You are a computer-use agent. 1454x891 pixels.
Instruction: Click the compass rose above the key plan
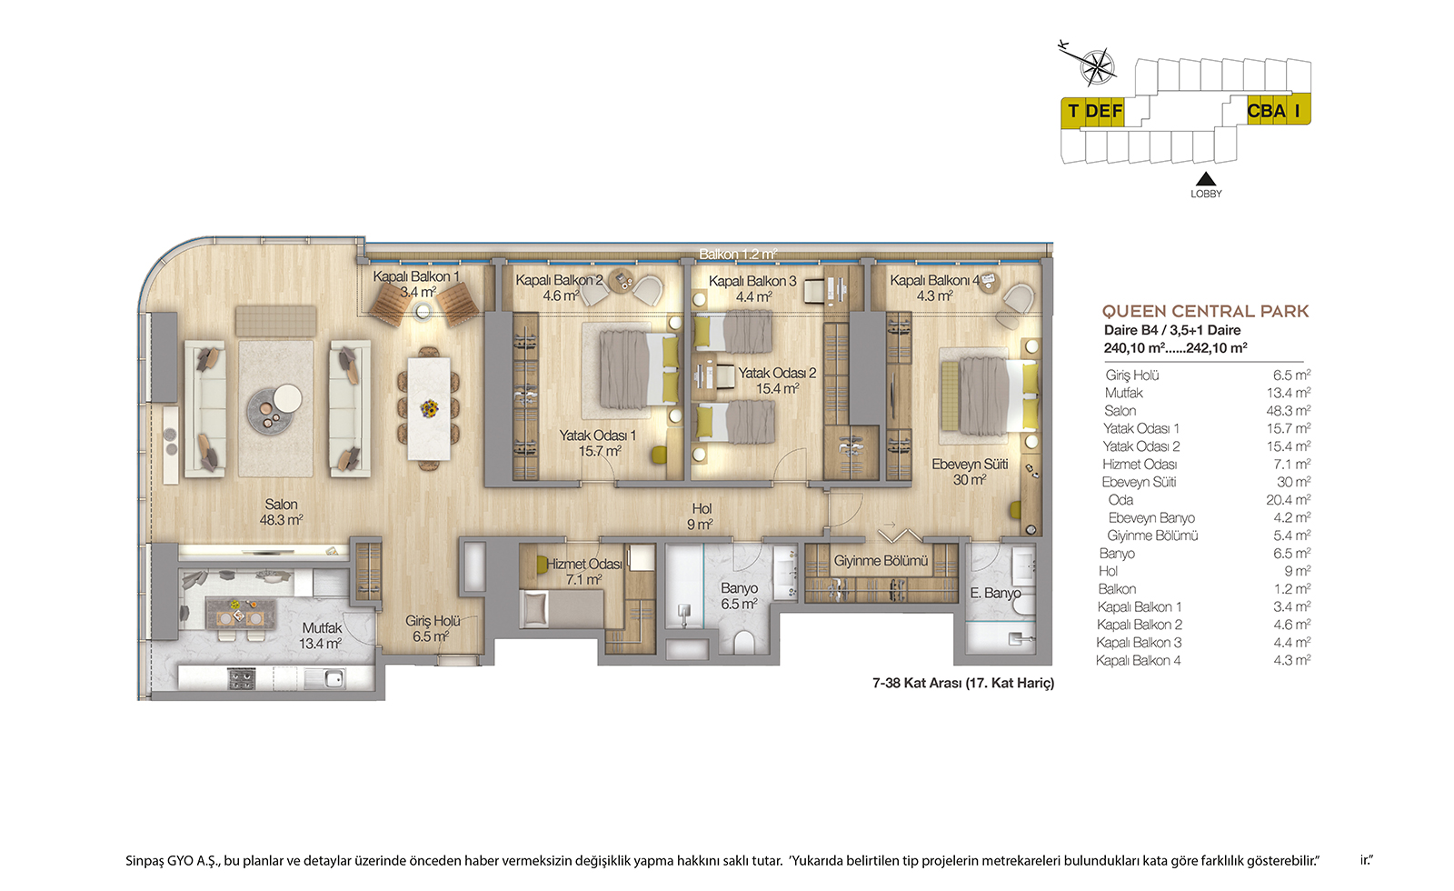[1097, 66]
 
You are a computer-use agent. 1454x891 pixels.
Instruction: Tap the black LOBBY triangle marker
[1205, 178]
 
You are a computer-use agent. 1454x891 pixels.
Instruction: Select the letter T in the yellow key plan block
[1073, 111]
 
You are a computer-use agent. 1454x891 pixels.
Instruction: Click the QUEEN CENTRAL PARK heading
[1205, 311]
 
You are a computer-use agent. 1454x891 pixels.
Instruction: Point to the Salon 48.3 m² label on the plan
[281, 512]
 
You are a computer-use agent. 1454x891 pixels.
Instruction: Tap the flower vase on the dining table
[428, 408]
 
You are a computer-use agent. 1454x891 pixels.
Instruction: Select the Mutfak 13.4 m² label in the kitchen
[321, 636]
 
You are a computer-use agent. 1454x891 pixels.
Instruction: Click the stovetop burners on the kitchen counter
[242, 678]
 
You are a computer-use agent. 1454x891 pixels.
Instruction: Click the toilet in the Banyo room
[744, 642]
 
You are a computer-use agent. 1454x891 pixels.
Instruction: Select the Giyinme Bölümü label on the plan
[881, 560]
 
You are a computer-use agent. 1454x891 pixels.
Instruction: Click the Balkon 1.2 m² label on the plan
[737, 254]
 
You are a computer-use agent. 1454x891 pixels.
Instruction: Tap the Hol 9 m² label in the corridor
[701, 516]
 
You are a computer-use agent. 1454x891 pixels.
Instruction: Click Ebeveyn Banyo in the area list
[1150, 517]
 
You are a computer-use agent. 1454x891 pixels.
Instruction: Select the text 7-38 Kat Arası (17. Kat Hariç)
[963, 683]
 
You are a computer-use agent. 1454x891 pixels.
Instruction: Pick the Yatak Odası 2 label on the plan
[777, 373]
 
